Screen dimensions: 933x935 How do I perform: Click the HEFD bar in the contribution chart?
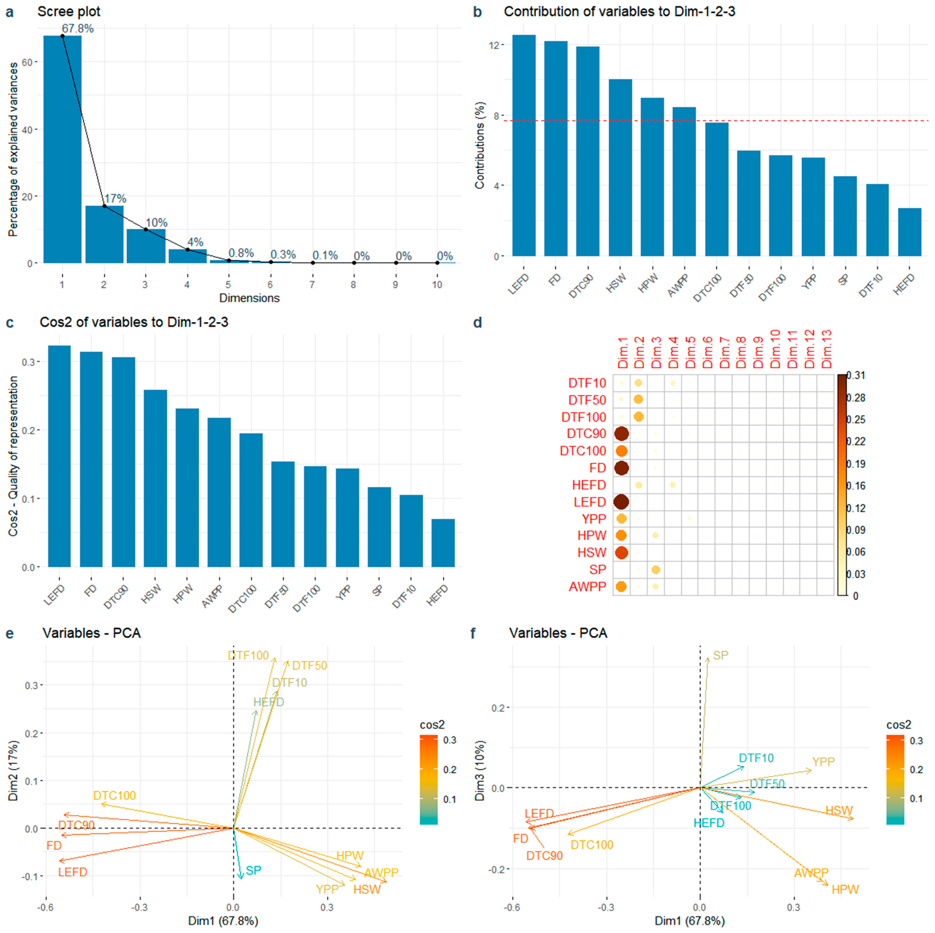(x=909, y=232)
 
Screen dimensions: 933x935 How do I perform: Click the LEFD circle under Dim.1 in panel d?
(x=621, y=502)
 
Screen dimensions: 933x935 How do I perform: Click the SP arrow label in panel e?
(x=254, y=871)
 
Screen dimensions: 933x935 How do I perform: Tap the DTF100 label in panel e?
(x=248, y=656)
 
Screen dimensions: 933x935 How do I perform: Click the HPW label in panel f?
(x=845, y=889)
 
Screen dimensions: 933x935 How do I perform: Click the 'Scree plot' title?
(x=69, y=11)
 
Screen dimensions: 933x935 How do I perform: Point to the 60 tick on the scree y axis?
(x=33, y=62)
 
